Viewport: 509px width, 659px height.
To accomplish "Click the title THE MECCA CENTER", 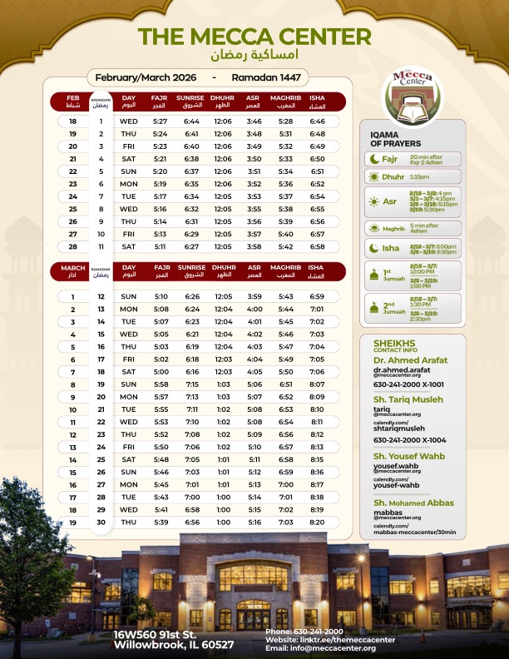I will click(254, 37).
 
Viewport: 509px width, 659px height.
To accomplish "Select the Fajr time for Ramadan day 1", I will click(160, 121).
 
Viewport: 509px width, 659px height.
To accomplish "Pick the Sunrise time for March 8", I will click(191, 384).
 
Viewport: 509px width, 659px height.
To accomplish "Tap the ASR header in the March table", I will click(254, 271).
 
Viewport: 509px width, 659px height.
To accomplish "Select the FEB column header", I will click(73, 102).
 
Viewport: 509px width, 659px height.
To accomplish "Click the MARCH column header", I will click(73, 271).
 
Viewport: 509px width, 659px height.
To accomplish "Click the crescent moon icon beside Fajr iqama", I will click(375, 158).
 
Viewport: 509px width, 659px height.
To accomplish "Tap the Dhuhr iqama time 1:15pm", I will click(420, 177).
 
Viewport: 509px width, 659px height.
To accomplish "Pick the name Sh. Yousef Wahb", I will click(409, 457).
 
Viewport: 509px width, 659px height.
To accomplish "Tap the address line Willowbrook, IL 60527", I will click(174, 645).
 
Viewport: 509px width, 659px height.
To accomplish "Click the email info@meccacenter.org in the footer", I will click(321, 647).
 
